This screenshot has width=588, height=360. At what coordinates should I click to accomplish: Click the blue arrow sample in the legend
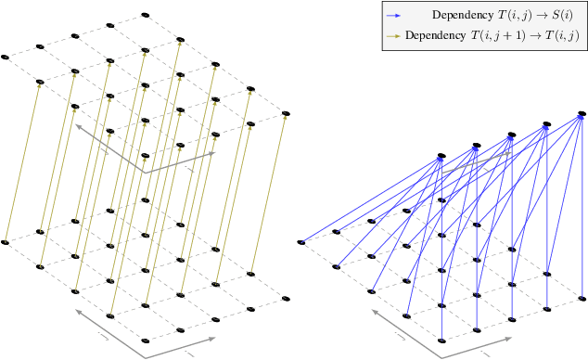point(395,15)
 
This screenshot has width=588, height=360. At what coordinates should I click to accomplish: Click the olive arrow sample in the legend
point(395,36)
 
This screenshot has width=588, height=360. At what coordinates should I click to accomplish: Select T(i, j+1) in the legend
point(505,36)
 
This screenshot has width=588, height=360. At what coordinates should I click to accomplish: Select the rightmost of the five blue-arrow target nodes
point(582,114)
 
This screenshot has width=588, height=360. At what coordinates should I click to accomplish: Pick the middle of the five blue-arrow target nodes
point(511,135)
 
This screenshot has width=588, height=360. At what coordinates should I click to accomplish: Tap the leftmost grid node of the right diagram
point(300,243)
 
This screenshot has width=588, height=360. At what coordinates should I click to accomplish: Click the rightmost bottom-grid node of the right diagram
point(582,298)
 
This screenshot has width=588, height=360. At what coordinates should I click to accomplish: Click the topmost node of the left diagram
point(145,16)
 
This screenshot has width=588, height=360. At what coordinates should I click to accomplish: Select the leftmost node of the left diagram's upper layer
point(5,58)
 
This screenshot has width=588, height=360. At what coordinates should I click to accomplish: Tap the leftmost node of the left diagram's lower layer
point(5,243)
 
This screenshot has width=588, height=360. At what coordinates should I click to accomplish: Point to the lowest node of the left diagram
point(145,340)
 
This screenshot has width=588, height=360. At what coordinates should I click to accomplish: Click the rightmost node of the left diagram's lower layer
point(286,298)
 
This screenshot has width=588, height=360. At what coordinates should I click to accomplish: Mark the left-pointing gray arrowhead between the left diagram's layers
point(79,126)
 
